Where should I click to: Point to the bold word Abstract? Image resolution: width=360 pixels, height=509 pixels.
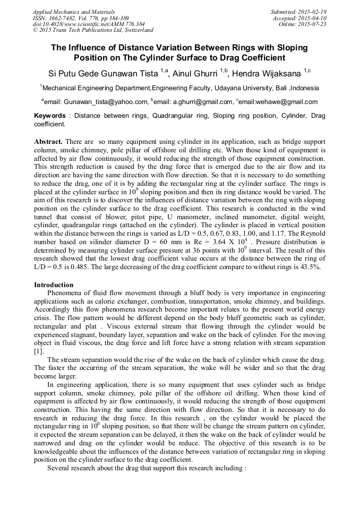(49, 142)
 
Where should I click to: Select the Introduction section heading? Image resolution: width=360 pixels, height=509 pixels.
(54, 285)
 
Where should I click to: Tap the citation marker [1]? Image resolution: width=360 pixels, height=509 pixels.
(39, 351)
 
